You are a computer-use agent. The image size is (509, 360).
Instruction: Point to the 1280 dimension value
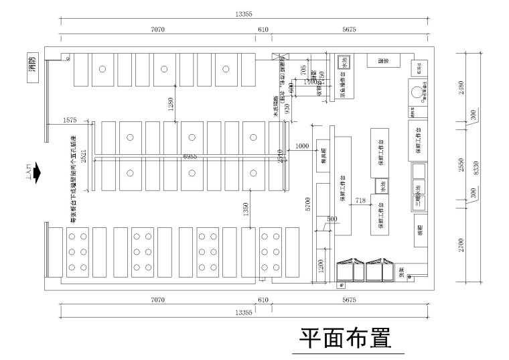click(x=171, y=105)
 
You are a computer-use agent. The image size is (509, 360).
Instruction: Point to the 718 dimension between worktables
click(x=360, y=200)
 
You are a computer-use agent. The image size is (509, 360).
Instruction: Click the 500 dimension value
click(x=331, y=219)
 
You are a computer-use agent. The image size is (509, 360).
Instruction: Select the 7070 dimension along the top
click(x=158, y=29)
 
